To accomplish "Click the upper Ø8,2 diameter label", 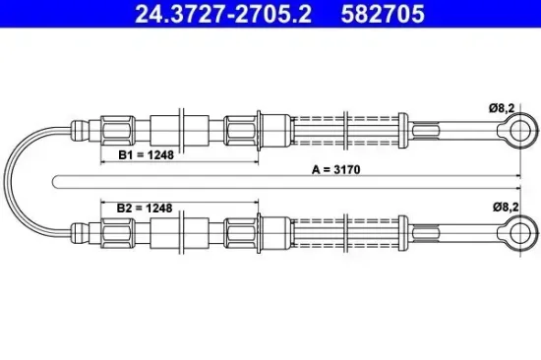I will (506, 112).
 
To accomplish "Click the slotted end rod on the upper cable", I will (448, 129).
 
